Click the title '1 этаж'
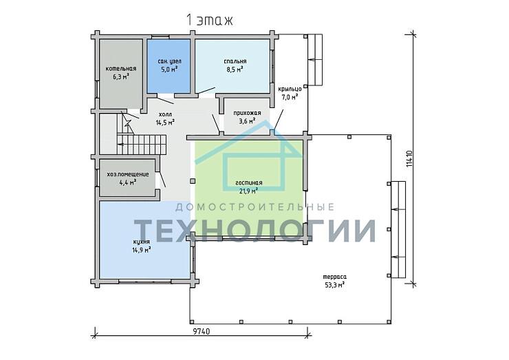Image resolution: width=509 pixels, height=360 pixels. pyautogui.click(x=210, y=21)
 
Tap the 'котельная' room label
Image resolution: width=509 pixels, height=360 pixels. pyautogui.click(x=121, y=69)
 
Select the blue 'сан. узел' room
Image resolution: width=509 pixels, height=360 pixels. pyautogui.click(x=169, y=66)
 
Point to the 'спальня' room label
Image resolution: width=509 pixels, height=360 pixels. pyautogui.click(x=235, y=61)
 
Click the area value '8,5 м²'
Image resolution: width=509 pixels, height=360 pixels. pyautogui.click(x=235, y=70)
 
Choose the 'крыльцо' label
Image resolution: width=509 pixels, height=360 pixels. pyautogui.click(x=290, y=89)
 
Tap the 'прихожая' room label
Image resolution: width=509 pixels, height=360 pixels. pyautogui.click(x=247, y=113)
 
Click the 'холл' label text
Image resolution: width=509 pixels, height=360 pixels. pyautogui.click(x=166, y=114)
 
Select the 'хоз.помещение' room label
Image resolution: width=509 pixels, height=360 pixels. pyautogui.click(x=128, y=174)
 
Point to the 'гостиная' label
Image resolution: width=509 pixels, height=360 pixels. pyautogui.click(x=249, y=183)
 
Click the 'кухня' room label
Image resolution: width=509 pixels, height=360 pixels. pyautogui.click(x=141, y=242)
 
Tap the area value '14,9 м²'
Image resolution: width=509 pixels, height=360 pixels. pyautogui.click(x=141, y=250)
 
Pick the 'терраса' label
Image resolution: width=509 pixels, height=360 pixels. pyautogui.click(x=334, y=277)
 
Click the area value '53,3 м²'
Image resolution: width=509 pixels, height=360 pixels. pyautogui.click(x=334, y=285)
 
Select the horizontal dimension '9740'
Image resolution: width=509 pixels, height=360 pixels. pyautogui.click(x=202, y=331)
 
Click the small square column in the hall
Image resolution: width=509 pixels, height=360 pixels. pyautogui.click(x=193, y=181)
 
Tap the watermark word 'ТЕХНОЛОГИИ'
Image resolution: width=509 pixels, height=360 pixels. pyautogui.click(x=255, y=231)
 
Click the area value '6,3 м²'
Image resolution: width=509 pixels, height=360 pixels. pyautogui.click(x=121, y=76)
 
